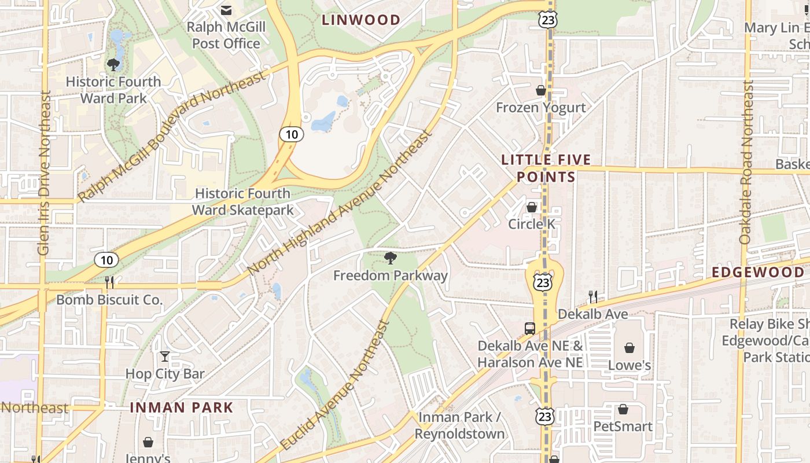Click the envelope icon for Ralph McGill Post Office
[x=226, y=10]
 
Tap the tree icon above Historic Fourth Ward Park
[x=113, y=64]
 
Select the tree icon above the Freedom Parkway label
[x=391, y=258]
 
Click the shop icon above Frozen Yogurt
[x=541, y=90]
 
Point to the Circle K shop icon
[x=532, y=207]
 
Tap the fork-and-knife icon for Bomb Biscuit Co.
[x=109, y=282]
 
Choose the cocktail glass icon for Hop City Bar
[x=165, y=357]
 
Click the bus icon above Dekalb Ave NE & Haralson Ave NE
[x=530, y=328]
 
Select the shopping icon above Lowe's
[x=629, y=348]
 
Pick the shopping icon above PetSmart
[x=623, y=409]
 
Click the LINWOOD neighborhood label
[x=361, y=20]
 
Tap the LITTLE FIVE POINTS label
[x=546, y=168]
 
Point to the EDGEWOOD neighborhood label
[x=758, y=273]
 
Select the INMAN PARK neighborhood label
[x=181, y=407]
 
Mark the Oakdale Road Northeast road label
[x=746, y=162]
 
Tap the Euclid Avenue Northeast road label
[x=335, y=386]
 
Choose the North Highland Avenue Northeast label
[x=340, y=203]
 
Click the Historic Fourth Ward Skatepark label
[x=243, y=201]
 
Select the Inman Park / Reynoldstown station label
[x=460, y=425]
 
